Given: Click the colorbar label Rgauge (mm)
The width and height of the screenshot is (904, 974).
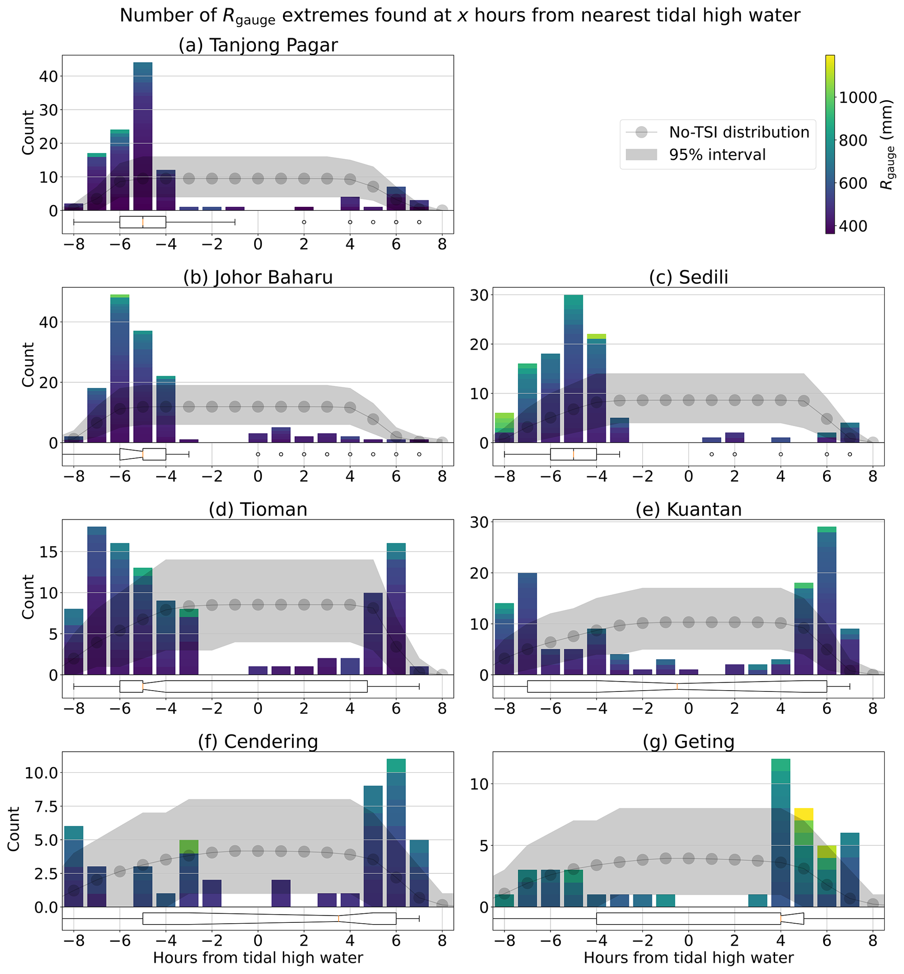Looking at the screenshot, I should (887, 144).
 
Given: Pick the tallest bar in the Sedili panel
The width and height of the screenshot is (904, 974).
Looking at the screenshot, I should (573, 369).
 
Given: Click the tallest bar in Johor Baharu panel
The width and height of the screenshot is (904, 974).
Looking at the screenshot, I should (120, 369).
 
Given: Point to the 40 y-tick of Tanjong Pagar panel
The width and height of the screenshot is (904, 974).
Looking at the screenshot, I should (49, 76).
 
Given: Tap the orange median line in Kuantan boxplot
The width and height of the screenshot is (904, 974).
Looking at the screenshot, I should (677, 686).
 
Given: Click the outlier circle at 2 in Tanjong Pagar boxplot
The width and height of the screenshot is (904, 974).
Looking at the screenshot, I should (304, 222).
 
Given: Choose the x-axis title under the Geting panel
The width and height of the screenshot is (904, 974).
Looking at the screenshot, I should (688, 957).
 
